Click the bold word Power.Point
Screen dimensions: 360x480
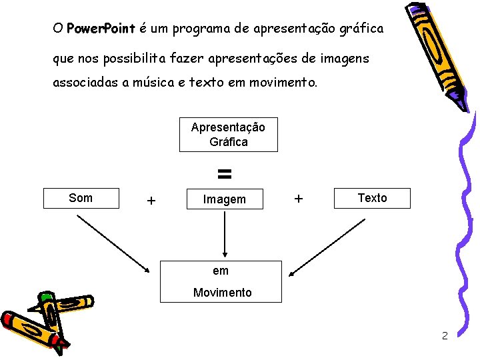pos(101,29)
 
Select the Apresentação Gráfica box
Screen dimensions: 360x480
pos(228,135)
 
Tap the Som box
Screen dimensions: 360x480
pos(81,198)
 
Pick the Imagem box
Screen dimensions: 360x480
pos(224,199)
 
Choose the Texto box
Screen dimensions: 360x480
pos(372,198)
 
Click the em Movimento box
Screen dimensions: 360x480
pos(222,281)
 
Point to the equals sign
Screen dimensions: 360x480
pos(225,175)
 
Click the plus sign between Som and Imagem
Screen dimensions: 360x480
pos(151,200)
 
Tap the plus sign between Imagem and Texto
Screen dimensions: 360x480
pos(299,198)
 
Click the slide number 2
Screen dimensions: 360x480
pos(445,335)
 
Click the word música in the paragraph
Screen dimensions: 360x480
pos(151,84)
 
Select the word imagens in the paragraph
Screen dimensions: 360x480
pos(344,59)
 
